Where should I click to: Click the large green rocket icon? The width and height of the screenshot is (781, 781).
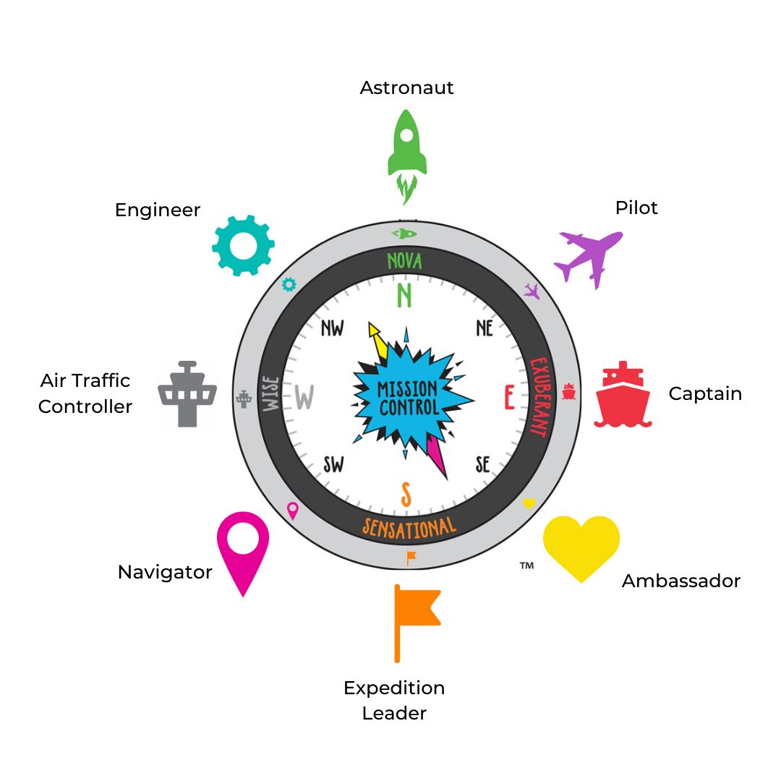406,148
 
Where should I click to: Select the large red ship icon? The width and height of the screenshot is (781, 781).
623,397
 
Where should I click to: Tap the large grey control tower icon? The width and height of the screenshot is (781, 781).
187,393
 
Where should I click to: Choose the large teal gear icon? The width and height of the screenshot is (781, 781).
243,245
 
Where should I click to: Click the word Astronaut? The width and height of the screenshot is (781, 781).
407,88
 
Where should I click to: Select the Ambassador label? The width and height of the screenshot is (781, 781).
681,581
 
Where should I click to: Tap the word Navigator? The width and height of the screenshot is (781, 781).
165,572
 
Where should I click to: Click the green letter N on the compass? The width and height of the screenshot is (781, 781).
404,296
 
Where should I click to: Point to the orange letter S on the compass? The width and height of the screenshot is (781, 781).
406,495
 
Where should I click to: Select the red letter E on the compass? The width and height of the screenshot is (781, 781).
509,396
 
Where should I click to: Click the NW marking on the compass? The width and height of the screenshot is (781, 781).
332,328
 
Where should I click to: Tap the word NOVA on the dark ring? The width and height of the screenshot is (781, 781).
404,261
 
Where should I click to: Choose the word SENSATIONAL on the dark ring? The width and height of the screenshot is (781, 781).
409,527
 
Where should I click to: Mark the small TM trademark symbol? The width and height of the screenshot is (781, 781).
526,565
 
